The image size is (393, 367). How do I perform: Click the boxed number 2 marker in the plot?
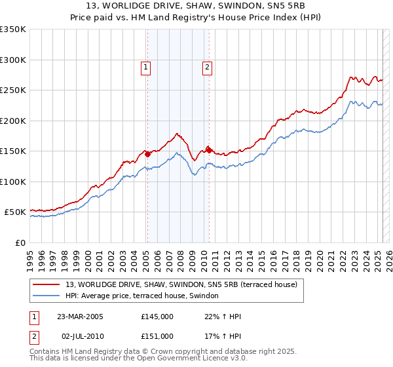tap(207, 66)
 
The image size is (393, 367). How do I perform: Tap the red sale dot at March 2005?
tap(148, 155)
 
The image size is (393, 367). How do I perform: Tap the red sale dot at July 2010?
tap(209, 150)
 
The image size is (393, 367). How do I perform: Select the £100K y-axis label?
tap(13, 182)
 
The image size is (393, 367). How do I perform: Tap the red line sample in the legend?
tap(46, 284)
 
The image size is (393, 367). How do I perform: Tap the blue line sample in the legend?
tap(46, 296)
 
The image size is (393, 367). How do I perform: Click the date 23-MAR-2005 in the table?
tap(81, 317)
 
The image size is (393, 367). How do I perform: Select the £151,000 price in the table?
tap(157, 336)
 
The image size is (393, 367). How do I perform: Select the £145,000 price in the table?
tap(157, 317)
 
